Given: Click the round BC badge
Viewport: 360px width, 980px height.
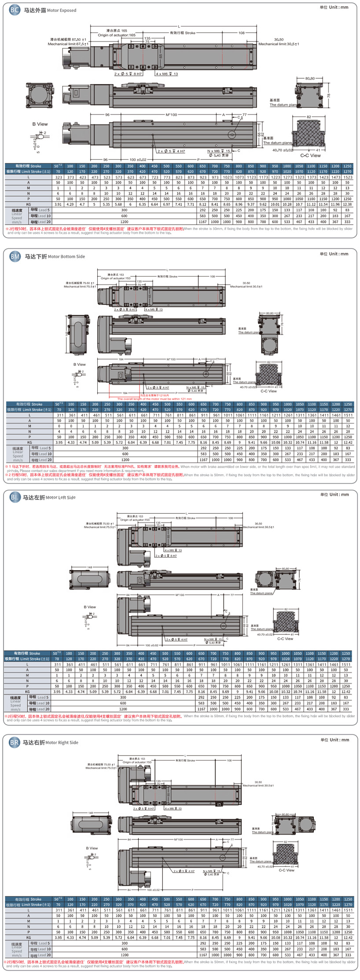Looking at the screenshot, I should pyautogui.click(x=15, y=10).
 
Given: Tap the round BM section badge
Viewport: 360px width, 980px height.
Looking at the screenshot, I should pyautogui.click(x=15, y=256).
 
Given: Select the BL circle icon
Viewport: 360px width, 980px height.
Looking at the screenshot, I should pyautogui.click(x=15, y=497).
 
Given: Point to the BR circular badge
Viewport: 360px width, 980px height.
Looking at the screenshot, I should pyautogui.click(x=15, y=742).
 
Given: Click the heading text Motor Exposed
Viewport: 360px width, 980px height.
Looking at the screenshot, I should pyautogui.click(x=61, y=10).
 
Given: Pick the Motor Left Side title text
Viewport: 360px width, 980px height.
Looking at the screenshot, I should pyautogui.click(x=60, y=497).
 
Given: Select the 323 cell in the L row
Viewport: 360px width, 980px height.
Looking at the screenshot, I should pyautogui.click(x=58, y=177).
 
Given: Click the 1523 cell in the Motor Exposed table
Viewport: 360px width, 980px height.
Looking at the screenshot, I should pyautogui.click(x=347, y=177).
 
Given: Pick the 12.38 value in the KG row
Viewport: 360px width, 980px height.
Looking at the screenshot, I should pyautogui.click(x=347, y=204).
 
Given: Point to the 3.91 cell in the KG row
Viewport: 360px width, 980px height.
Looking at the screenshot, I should pyautogui.click(x=58, y=204).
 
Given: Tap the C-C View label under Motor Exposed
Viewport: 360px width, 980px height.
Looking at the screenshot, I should pyautogui.click(x=310, y=155).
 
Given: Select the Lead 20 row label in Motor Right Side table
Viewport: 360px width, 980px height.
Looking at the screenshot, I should pyautogui.click(x=40, y=955).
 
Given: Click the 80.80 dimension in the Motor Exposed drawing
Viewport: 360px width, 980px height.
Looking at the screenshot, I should pyautogui.click(x=310, y=78).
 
